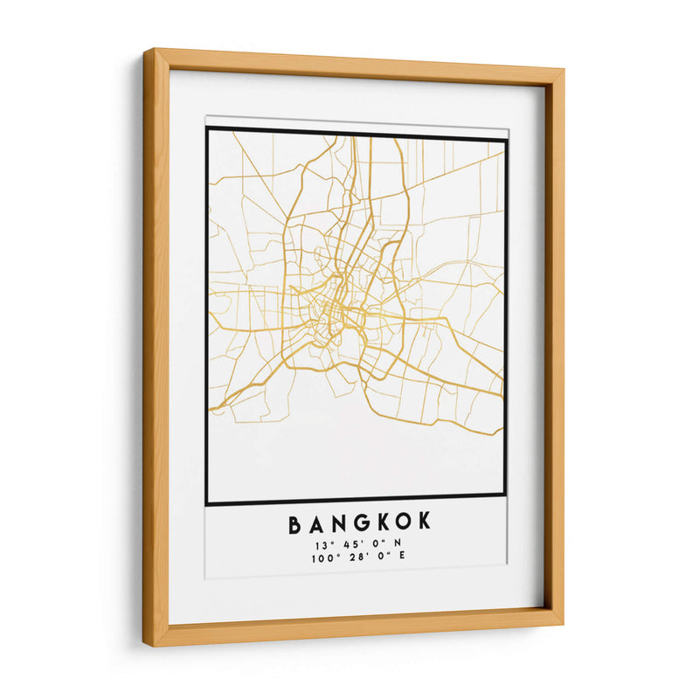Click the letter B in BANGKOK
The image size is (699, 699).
(x=295, y=523)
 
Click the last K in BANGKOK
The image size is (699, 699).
(x=426, y=523)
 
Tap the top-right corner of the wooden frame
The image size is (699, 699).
(x=563, y=69)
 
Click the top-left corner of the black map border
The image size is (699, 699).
(x=207, y=128)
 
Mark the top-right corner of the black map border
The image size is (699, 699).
(x=506, y=138)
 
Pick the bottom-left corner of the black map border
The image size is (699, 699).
(x=207, y=504)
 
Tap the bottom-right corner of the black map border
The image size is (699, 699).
(x=505, y=495)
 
